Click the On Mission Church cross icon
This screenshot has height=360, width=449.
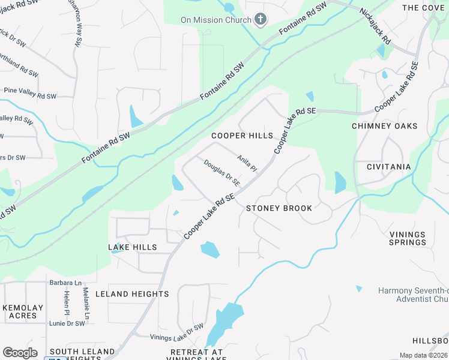(261, 20)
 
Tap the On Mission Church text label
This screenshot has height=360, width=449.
(216, 20)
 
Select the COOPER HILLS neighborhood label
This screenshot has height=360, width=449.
(242, 136)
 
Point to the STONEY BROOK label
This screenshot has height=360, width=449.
(279, 208)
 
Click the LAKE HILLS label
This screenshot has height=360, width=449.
(132, 247)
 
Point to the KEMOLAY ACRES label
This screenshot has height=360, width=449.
(23, 311)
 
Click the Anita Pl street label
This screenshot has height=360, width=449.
(247, 163)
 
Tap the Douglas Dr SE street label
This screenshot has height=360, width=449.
(222, 172)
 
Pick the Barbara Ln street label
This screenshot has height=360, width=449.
(65, 283)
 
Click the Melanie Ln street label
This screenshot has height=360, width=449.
(86, 304)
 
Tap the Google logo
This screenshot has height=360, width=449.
(20, 353)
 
